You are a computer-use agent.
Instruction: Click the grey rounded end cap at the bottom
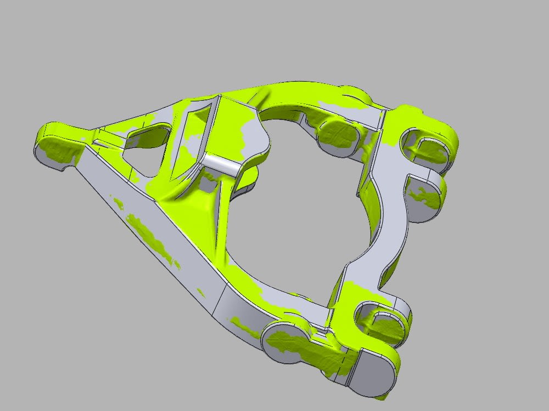373,373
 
